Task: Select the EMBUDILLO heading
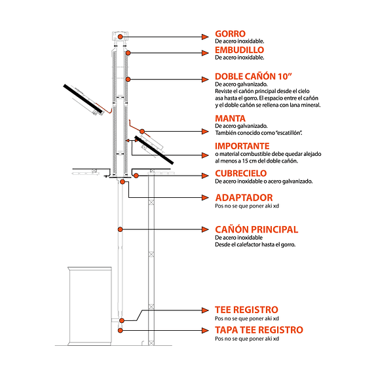click(x=239, y=50)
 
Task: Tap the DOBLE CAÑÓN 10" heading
click(x=254, y=76)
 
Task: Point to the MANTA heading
click(x=230, y=119)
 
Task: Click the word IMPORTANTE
click(x=242, y=146)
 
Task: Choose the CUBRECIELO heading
click(x=241, y=174)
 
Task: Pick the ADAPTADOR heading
click(x=244, y=198)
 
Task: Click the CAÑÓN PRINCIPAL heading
click(x=257, y=229)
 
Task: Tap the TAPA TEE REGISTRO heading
click(x=259, y=330)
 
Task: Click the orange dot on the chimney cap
click(x=120, y=37)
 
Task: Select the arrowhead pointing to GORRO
click(x=205, y=37)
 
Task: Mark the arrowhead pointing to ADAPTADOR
click(x=205, y=198)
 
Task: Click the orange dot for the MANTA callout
click(x=142, y=132)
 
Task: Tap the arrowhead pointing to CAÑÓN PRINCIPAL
click(x=205, y=229)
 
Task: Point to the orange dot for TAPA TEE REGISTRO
click(x=121, y=330)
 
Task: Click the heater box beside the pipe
click(x=90, y=306)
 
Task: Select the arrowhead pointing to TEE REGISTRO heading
click(x=205, y=310)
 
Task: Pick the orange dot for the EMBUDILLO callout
click(x=128, y=53)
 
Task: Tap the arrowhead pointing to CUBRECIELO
click(x=205, y=176)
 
